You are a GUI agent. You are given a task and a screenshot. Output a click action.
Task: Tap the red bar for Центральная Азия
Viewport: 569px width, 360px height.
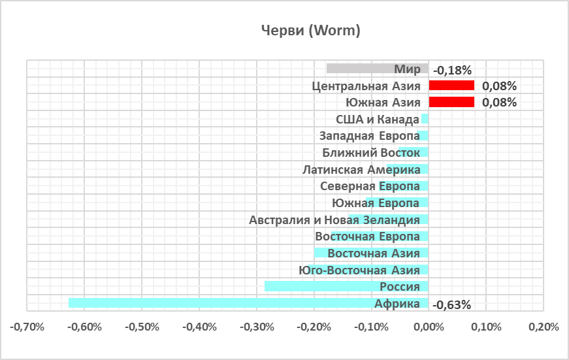click(451, 86)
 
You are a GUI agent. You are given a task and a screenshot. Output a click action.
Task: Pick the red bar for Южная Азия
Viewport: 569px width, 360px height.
click(451, 102)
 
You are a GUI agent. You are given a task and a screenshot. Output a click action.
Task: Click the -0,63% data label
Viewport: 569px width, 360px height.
click(452, 304)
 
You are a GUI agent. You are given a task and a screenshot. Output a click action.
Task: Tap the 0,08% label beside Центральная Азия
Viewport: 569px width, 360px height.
click(499, 86)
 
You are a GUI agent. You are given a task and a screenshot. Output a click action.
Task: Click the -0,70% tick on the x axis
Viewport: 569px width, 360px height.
click(27, 326)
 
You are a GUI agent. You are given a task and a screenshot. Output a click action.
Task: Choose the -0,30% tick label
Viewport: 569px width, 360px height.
click(256, 326)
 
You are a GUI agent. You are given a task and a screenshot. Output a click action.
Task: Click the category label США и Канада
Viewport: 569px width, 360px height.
click(377, 120)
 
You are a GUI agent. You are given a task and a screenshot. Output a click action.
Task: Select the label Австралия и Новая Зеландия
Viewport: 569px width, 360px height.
click(334, 220)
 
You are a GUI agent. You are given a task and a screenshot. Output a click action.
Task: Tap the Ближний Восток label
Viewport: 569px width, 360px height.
click(371, 153)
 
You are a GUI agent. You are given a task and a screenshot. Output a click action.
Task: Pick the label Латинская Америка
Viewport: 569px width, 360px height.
click(361, 170)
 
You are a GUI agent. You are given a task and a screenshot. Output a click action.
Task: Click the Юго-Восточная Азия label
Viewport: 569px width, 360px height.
click(359, 270)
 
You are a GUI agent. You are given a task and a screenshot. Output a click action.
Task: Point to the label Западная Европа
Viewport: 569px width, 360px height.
click(369, 137)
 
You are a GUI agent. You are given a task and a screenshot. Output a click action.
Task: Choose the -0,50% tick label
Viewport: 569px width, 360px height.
click(141, 326)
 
